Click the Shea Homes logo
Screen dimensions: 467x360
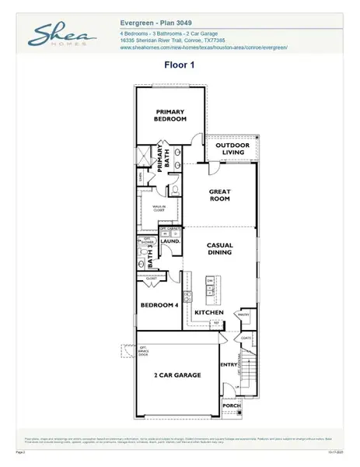coord(63,35)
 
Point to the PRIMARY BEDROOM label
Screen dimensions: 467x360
coord(170,114)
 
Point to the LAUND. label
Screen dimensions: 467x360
coord(171,241)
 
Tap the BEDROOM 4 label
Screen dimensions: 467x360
coord(159,305)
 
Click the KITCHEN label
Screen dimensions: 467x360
coord(209,312)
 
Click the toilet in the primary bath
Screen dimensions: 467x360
coord(177,189)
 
